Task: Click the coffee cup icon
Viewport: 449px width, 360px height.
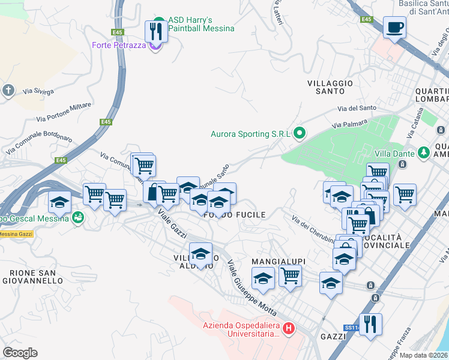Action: pyautogui.click(x=394, y=28)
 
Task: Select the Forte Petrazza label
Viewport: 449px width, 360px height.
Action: pyautogui.click(x=119, y=45)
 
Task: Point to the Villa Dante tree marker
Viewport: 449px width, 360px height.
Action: pyautogui.click(x=424, y=154)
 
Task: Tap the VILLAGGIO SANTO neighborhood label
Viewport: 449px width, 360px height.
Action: pyautogui.click(x=330, y=87)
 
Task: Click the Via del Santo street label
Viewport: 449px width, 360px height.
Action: pyautogui.click(x=357, y=109)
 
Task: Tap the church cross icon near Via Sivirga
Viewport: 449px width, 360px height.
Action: pyautogui.click(x=8, y=91)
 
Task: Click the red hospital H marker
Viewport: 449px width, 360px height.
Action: pyautogui.click(x=289, y=328)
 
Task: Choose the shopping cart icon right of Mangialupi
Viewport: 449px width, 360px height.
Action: pyautogui.click(x=290, y=277)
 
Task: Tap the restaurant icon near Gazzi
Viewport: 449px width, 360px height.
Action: pyautogui.click(x=370, y=325)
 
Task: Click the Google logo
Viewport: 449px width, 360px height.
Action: pyautogui.click(x=20, y=352)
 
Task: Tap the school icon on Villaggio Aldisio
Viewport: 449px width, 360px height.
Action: pyautogui.click(x=201, y=254)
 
